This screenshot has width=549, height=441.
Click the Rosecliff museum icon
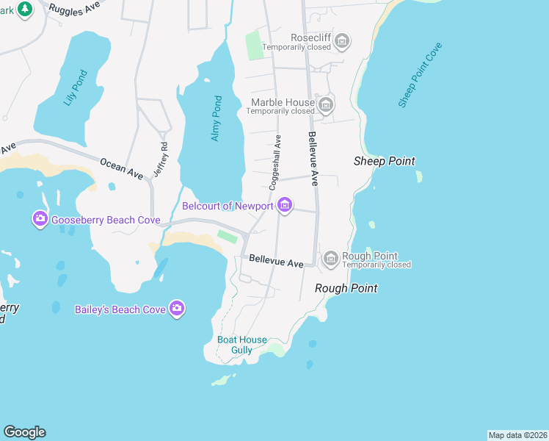click(x=341, y=43)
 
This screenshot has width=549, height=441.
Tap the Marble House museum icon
click(x=326, y=105)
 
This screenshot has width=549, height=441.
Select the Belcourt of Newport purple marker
click(x=285, y=206)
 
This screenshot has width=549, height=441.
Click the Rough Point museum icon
click(x=330, y=258)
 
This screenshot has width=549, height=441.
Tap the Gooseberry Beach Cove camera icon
click(x=40, y=219)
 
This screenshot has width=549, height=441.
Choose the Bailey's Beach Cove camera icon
click(x=176, y=309)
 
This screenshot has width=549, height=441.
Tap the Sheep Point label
click(x=384, y=161)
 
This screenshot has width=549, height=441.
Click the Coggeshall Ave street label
click(x=275, y=162)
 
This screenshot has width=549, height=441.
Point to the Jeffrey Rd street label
click(x=161, y=159)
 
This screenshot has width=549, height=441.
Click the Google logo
click(x=24, y=432)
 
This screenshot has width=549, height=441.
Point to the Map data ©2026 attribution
click(x=517, y=435)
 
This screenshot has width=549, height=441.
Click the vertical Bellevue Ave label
click(x=313, y=158)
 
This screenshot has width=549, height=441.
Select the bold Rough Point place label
click(x=346, y=288)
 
